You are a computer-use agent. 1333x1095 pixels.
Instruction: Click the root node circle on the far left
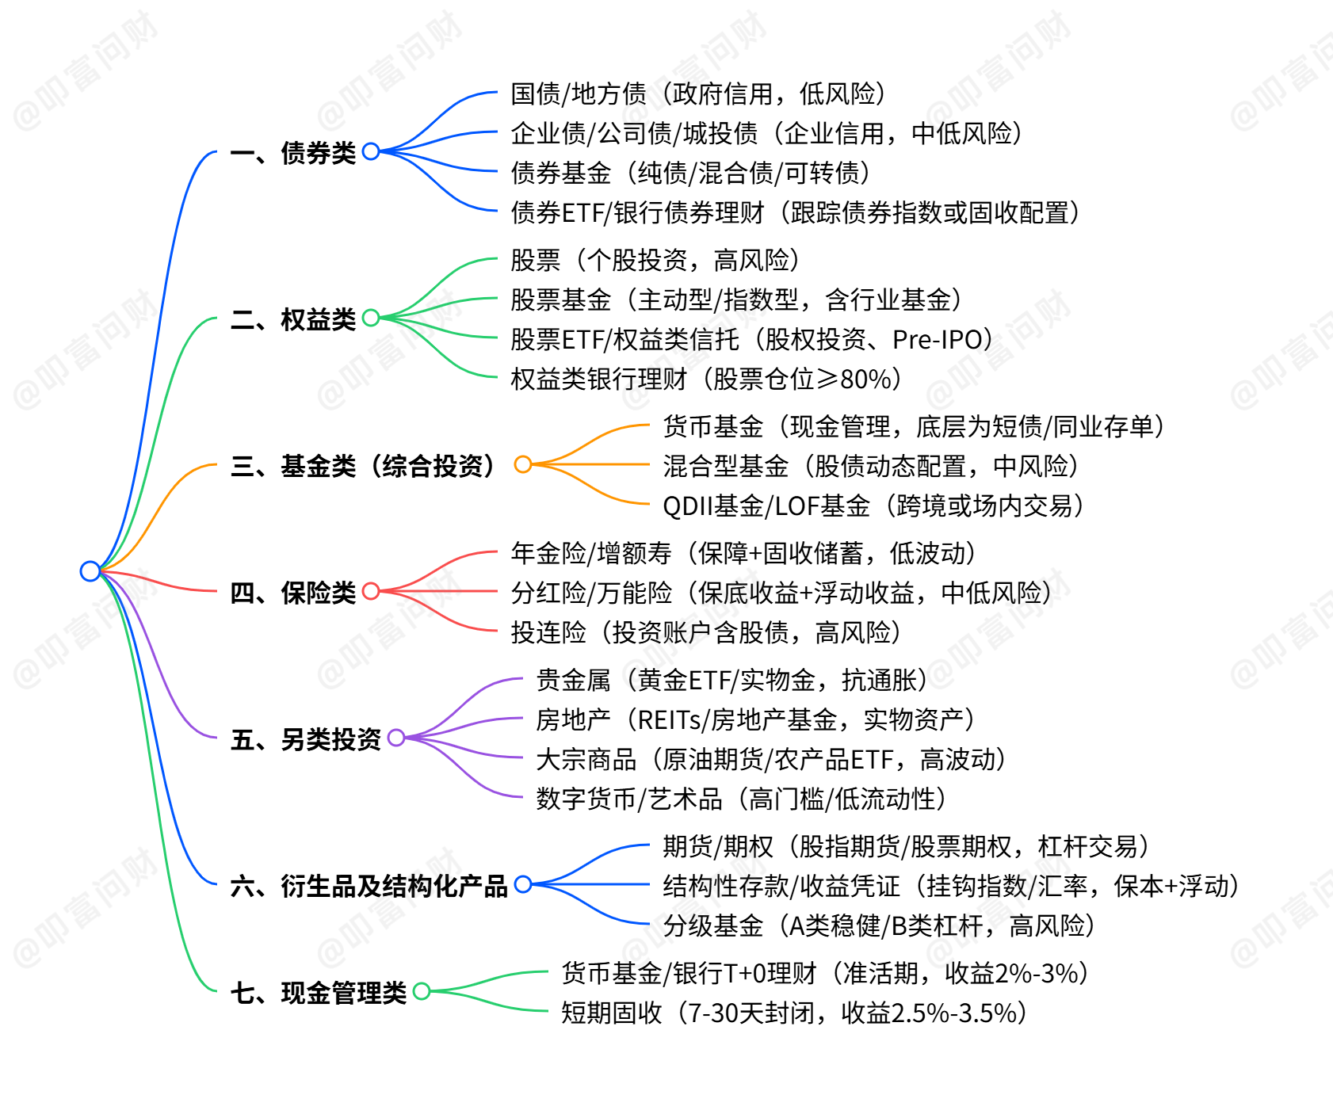click(x=90, y=570)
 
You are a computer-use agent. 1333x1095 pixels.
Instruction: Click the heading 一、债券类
click(x=293, y=152)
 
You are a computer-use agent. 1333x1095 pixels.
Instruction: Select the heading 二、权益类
click(x=293, y=319)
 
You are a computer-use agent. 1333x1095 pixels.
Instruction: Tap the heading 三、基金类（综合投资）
click(x=365, y=465)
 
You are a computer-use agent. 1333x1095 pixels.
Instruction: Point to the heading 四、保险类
click(x=293, y=592)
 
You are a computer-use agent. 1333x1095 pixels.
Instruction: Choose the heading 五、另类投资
click(x=306, y=738)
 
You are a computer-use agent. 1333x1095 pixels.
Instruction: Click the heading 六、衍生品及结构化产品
click(x=369, y=885)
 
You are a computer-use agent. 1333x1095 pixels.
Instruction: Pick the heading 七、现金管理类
click(x=319, y=992)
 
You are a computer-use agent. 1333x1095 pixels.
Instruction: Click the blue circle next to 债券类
click(x=371, y=151)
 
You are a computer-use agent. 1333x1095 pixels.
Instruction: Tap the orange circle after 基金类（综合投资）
click(x=523, y=464)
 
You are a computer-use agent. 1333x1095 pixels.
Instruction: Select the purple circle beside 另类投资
click(x=396, y=738)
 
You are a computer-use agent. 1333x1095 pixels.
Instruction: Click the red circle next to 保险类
click(x=371, y=591)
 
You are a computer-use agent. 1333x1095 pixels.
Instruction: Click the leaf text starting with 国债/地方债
click(x=697, y=93)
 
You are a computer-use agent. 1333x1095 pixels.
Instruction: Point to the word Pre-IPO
click(x=938, y=339)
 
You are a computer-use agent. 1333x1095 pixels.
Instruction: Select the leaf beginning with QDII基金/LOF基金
click(x=873, y=506)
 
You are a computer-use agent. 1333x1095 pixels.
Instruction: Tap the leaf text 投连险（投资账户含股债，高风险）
click(x=705, y=632)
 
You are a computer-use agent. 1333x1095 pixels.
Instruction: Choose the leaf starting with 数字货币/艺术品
click(x=740, y=799)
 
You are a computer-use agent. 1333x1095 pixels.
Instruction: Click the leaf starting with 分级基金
click(x=878, y=925)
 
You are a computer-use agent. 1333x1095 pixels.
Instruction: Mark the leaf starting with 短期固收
click(x=793, y=1013)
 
